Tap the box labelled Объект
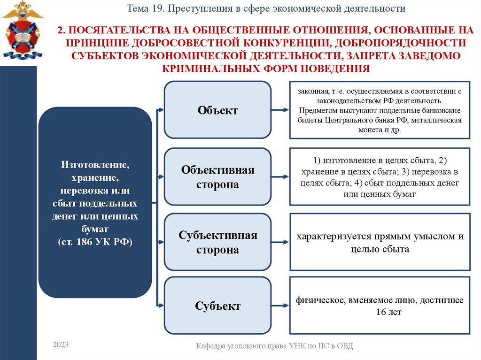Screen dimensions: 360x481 point(217,110)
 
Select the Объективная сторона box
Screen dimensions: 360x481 point(217,177)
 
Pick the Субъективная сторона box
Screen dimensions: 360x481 point(217,242)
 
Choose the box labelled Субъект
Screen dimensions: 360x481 point(217,306)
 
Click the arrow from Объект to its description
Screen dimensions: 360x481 point(280,110)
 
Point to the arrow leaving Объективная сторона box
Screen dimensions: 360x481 point(280,177)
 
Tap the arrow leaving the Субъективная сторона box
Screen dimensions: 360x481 point(280,242)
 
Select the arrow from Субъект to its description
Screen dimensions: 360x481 point(280,306)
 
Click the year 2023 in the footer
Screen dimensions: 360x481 point(61,345)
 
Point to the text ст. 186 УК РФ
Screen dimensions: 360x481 point(95,242)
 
